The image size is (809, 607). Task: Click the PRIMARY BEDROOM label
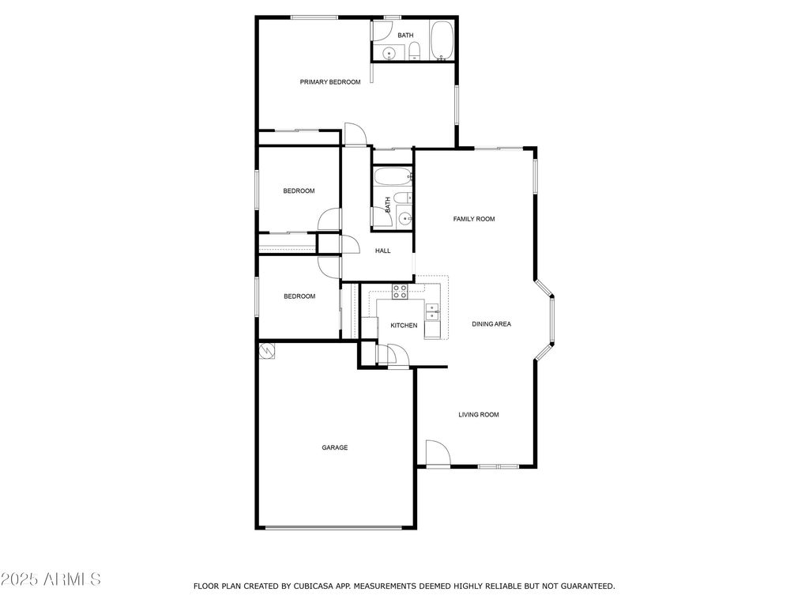pos(330,82)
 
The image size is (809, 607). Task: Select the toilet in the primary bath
pos(414,53)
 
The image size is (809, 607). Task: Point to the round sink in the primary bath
pos(388,53)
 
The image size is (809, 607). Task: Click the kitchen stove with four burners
pos(400,291)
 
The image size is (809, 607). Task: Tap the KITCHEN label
pos(404,326)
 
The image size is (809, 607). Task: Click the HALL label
pos(382,251)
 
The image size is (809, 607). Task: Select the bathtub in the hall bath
pos(393,176)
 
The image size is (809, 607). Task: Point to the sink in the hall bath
pos(404,218)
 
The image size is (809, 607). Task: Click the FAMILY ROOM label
pos(474,219)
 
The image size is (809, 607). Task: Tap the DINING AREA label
pos(491,324)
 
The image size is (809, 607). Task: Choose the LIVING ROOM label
pos(479,414)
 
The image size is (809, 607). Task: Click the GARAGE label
pos(334,447)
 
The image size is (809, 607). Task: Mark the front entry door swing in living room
pos(437,454)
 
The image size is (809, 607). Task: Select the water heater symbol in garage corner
pos(268,349)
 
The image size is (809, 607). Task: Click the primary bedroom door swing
pos(356,135)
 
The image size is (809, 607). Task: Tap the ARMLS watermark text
pos(51,579)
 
